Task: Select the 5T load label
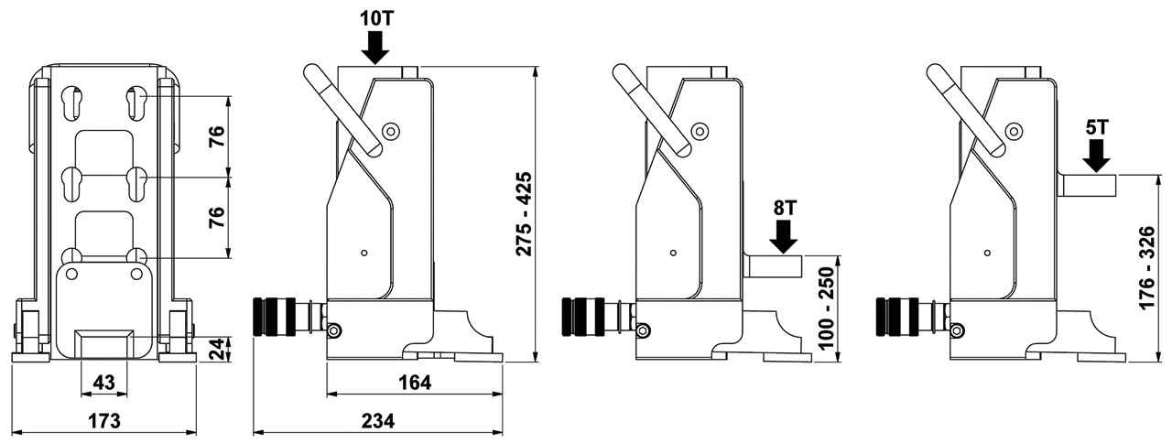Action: tap(1096, 126)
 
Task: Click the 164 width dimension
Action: tap(414, 381)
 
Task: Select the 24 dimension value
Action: tap(216, 349)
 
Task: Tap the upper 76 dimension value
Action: tap(216, 135)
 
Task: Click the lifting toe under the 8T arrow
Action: tap(775, 266)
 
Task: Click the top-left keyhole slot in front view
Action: tap(73, 101)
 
